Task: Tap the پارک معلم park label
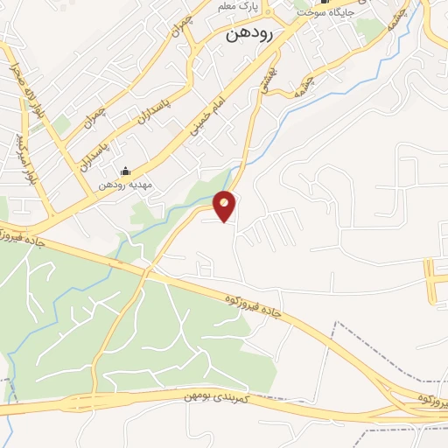(x=239, y=6)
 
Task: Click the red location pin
(x=225, y=206)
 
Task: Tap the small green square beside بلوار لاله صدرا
(x=62, y=126)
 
